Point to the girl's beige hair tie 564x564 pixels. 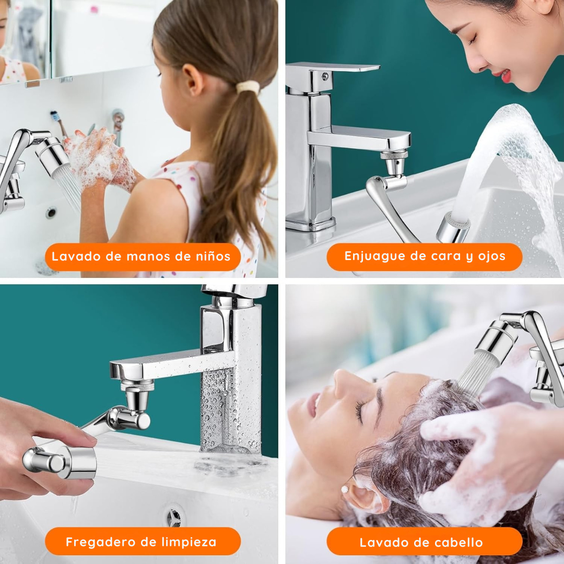[x=248, y=87]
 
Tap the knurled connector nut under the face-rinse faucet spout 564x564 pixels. [x=394, y=155]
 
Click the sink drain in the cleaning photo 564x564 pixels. [x=174, y=516]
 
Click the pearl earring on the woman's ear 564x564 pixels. [x=345, y=490]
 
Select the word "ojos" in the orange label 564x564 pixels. [x=491, y=256]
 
